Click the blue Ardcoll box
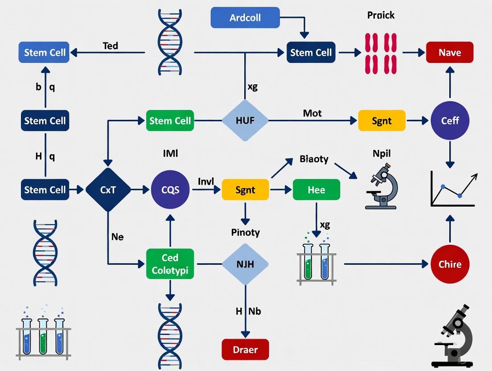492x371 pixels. (245, 18)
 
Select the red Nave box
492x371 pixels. (449, 53)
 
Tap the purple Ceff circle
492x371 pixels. (450, 120)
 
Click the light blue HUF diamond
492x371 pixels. (245, 120)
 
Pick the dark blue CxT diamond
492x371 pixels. (108, 190)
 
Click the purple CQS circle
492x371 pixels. (170, 190)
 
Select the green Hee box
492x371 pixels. (316, 190)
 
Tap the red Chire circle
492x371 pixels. (450, 264)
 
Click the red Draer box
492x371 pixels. (245, 349)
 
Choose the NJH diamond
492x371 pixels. (245, 264)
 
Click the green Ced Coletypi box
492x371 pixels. (170, 264)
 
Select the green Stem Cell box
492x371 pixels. (170, 120)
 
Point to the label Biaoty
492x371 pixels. (314, 159)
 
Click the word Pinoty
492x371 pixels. (245, 232)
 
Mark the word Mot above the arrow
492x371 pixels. (312, 113)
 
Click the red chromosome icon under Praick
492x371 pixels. (381, 53)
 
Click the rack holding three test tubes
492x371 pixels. (43, 332)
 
